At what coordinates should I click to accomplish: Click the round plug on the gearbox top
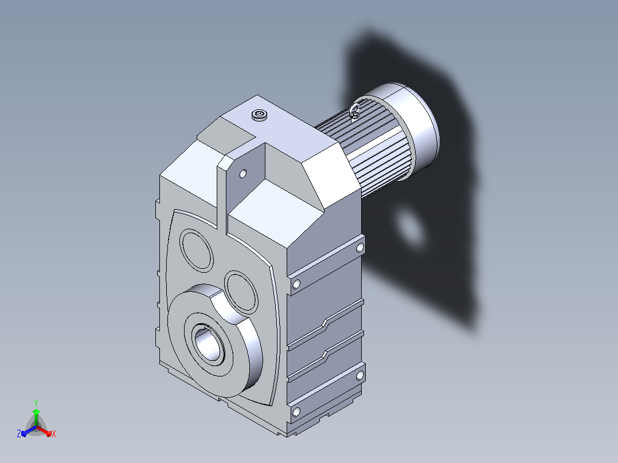point(259,115)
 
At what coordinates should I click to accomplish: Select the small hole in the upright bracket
point(243,174)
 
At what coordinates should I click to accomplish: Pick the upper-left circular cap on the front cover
point(197,250)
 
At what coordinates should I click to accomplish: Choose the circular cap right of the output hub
point(241,292)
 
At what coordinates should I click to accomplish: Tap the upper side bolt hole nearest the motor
point(360,248)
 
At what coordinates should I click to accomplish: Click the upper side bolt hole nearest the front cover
point(296,284)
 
